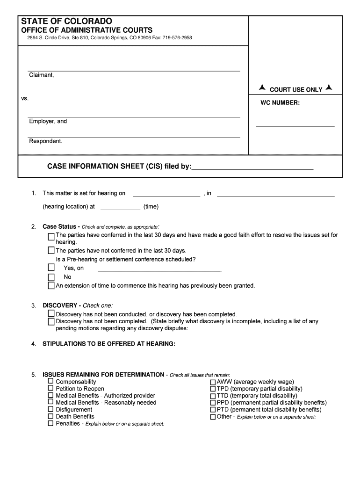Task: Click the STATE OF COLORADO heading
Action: point(66,22)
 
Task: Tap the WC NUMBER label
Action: point(280,102)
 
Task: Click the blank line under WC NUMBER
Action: point(295,126)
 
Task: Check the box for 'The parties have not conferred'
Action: point(51,250)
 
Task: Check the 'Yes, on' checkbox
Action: point(51,268)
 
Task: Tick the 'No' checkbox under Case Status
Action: point(51,277)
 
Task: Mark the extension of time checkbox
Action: point(51,285)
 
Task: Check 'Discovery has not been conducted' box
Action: point(51,314)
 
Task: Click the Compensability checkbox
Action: point(50,382)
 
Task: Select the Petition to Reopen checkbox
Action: point(50,389)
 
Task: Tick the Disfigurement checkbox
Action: point(50,409)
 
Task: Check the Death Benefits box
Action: point(50,416)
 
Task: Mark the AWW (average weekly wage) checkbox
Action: point(213,382)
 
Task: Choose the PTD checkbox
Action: point(213,410)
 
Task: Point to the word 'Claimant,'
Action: point(42,75)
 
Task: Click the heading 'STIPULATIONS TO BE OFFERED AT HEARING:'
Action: point(109,344)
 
